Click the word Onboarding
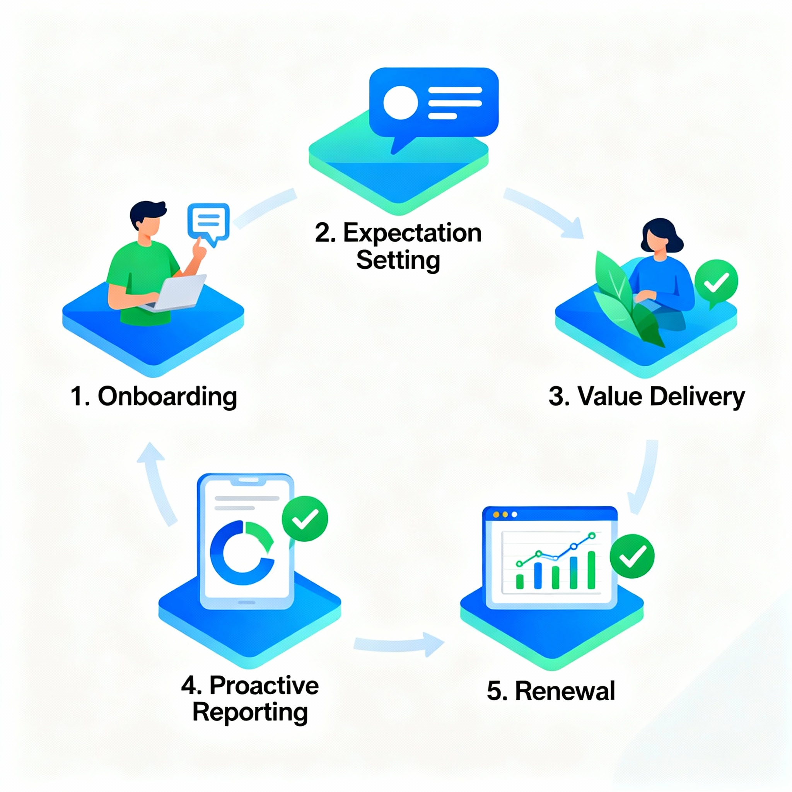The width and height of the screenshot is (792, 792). pos(167,396)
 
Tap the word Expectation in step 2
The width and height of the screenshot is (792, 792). pos(412,233)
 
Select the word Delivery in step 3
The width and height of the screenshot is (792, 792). pos(697,396)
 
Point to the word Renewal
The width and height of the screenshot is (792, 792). pos(565,691)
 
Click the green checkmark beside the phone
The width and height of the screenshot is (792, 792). pos(305,519)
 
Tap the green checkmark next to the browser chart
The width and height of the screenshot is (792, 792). pos(632,556)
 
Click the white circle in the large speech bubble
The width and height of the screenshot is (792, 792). pos(400,102)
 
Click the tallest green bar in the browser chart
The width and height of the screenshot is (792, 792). pos(591,570)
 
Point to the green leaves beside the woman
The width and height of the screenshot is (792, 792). pos(623,303)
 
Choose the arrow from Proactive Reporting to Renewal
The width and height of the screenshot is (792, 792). pos(398,643)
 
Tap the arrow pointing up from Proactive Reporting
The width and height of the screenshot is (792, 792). pos(156,480)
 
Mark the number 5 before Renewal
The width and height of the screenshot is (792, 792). pos(494,691)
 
